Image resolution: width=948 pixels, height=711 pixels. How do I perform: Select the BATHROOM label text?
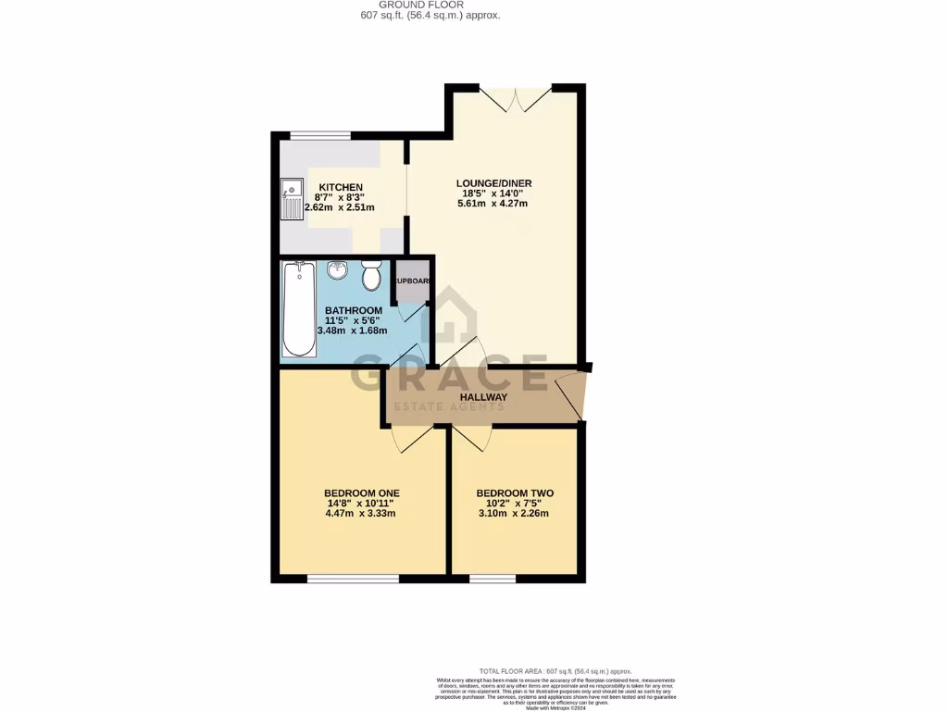tap(353, 310)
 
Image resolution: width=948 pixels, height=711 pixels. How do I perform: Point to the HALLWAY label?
tap(485, 398)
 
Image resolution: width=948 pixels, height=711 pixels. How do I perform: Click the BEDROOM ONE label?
tap(361, 493)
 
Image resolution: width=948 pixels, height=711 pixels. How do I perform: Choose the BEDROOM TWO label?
tap(515, 493)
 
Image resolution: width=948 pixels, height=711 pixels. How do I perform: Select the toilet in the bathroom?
tap(371, 275)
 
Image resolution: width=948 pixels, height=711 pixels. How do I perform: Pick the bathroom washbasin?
tap(338, 271)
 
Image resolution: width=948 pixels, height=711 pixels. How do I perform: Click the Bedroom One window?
tap(353, 579)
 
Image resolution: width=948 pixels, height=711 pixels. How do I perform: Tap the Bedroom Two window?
tap(493, 579)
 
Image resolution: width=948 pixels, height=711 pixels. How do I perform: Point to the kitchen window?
tap(320, 136)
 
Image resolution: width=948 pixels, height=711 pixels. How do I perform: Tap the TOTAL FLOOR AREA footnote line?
tap(555, 670)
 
